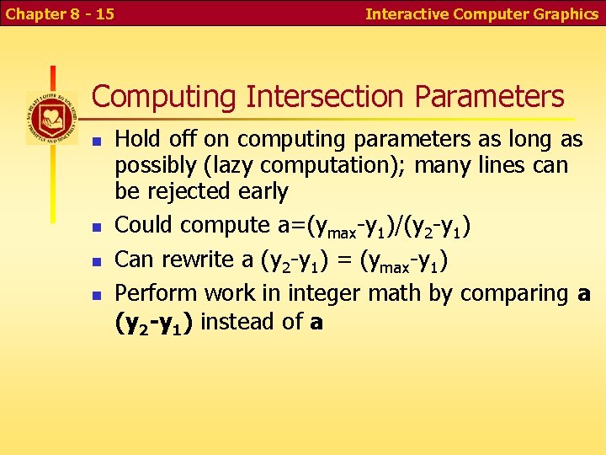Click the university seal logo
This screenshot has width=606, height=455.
point(51,118)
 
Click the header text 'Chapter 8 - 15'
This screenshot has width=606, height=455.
point(59,13)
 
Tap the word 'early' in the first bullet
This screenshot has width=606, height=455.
point(263,192)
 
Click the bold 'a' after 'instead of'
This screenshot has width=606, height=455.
point(316,322)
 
